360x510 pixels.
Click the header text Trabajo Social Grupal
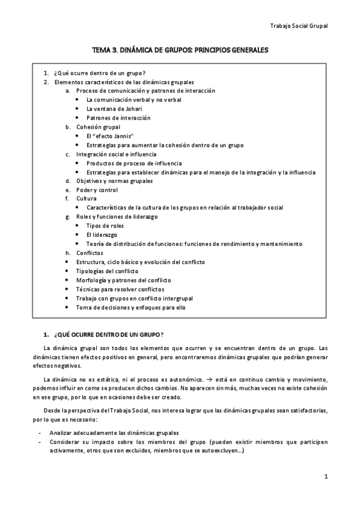tap(298, 26)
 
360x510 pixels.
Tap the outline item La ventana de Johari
tap(115, 109)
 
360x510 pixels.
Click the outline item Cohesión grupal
tap(98, 127)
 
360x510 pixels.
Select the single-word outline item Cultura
tap(87, 198)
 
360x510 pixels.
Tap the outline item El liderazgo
tap(102, 235)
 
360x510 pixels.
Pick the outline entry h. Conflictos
tap(90, 253)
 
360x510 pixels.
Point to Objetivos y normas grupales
tap(114, 181)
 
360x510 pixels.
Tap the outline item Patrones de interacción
tap(118, 118)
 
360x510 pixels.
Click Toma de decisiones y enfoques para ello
tap(130, 307)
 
